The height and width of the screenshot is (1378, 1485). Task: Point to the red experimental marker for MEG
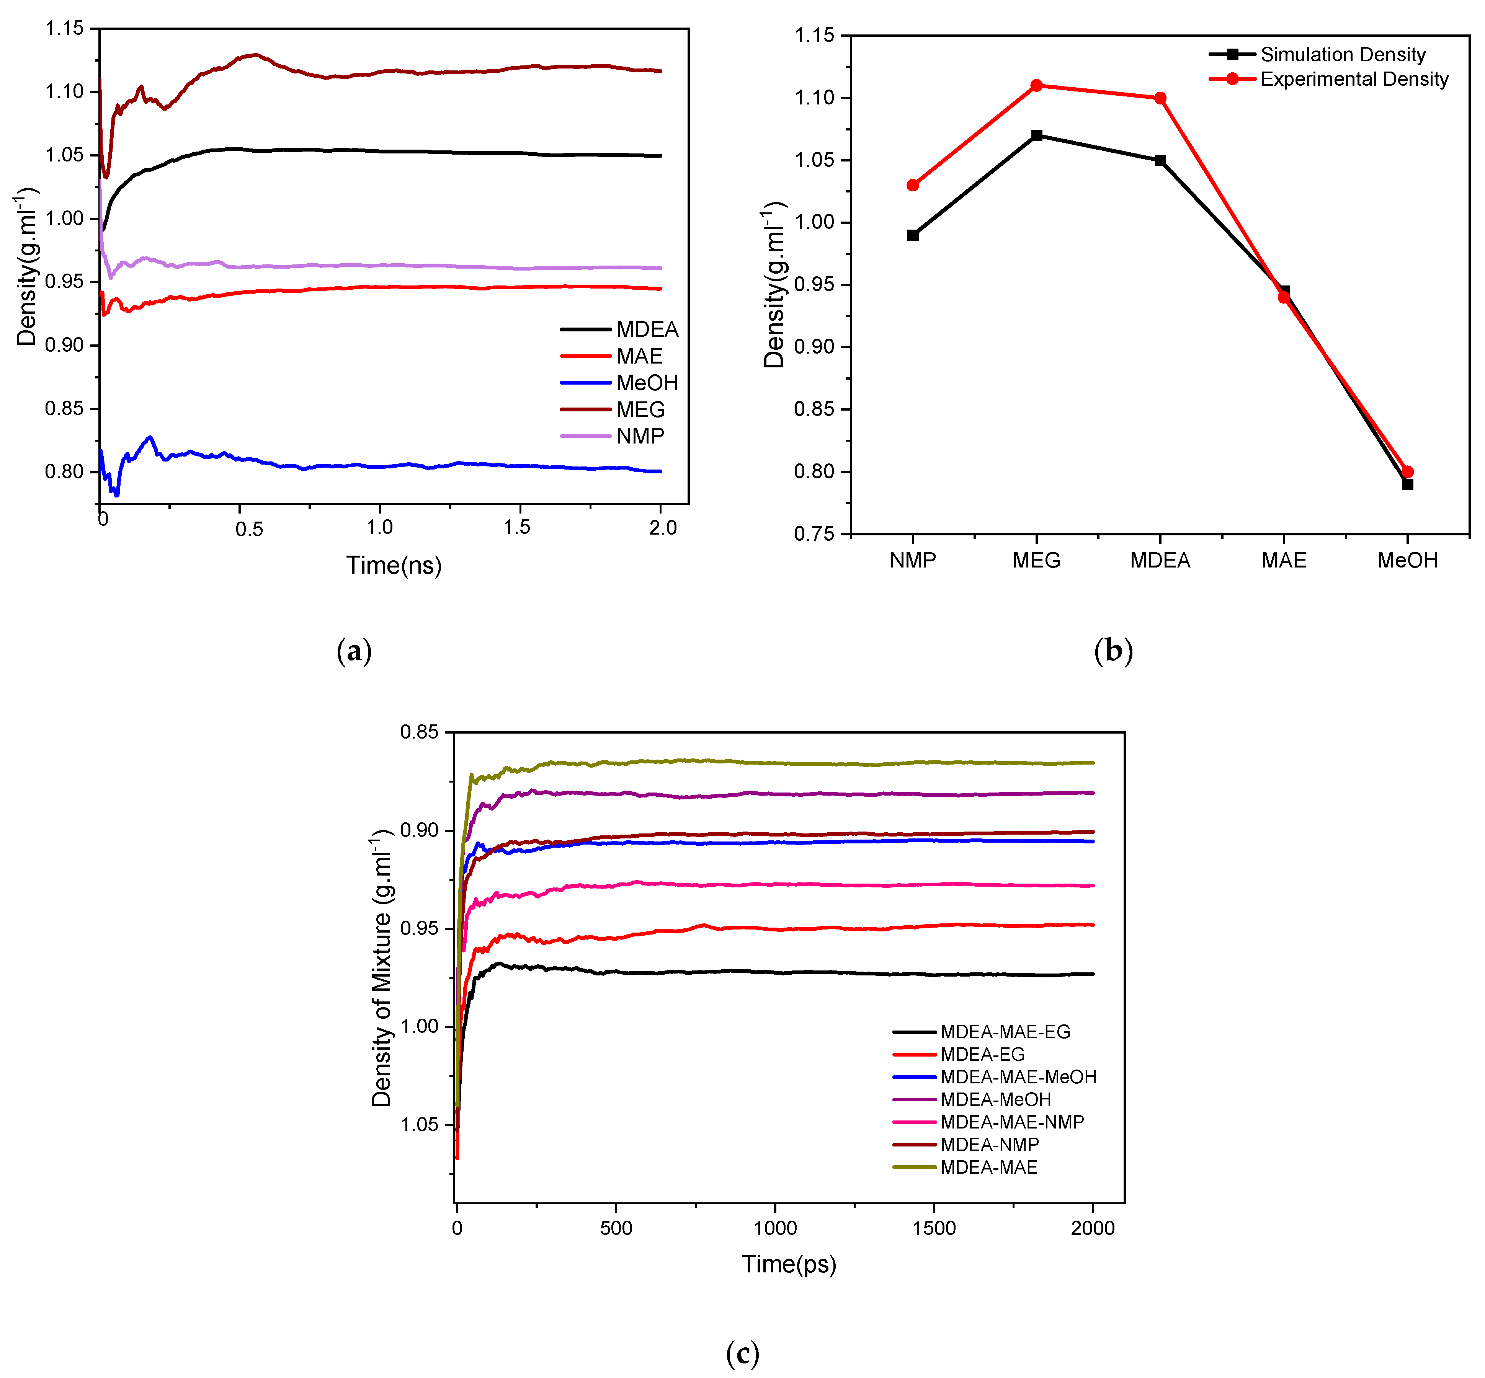click(x=1036, y=86)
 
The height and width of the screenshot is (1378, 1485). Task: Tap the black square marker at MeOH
click(x=1407, y=485)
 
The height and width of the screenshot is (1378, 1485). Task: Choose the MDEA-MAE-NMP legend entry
click(x=1011, y=1122)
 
